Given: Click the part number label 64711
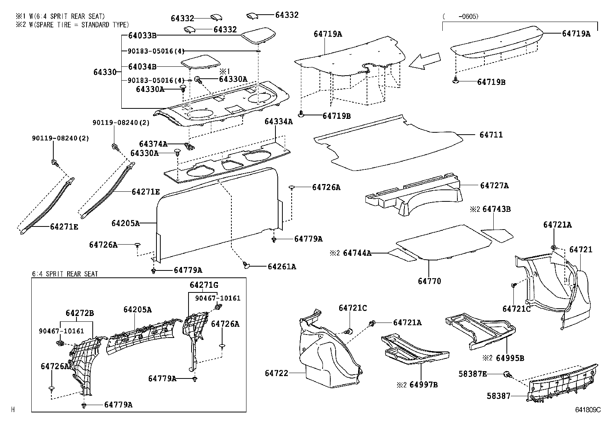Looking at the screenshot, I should pyautogui.click(x=491, y=135).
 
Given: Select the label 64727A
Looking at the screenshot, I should pyautogui.click(x=494, y=186).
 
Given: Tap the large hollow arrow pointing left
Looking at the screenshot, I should pyautogui.click(x=424, y=61).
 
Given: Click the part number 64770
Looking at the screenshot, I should pyautogui.click(x=429, y=281).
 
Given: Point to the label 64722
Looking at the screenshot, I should pyautogui.click(x=277, y=373).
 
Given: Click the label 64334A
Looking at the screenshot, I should pyautogui.click(x=279, y=122).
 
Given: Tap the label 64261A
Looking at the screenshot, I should pyautogui.click(x=282, y=267).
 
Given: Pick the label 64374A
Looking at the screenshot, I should pyautogui.click(x=153, y=144).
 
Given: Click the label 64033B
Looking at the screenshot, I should pyautogui.click(x=142, y=35).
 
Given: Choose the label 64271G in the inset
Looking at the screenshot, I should pyautogui.click(x=204, y=285).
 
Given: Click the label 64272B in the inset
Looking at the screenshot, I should pyautogui.click(x=80, y=313).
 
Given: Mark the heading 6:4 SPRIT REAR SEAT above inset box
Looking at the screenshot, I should pyautogui.click(x=65, y=274).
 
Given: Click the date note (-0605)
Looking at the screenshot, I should pyautogui.click(x=460, y=16).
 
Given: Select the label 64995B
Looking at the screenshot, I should pyautogui.click(x=510, y=358).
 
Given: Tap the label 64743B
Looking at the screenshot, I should pyautogui.click(x=496, y=209).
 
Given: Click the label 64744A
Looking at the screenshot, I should pyautogui.click(x=357, y=253).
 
